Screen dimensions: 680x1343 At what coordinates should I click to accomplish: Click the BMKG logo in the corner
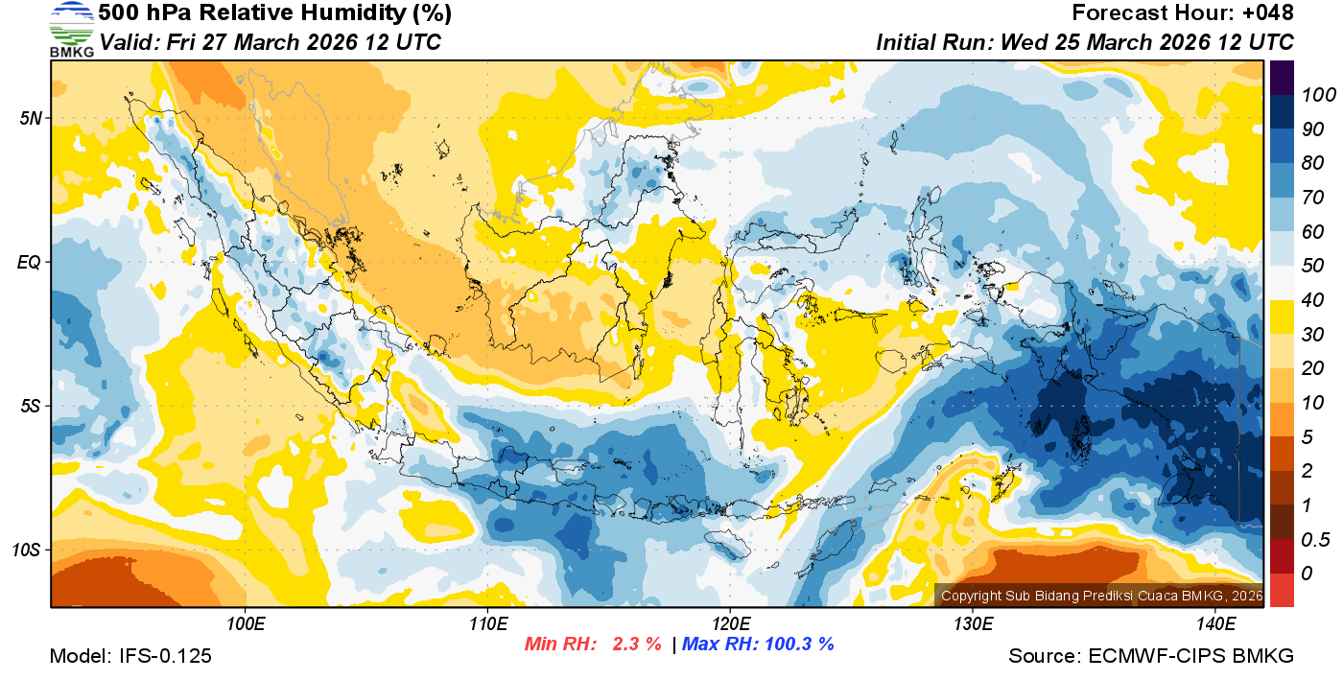coord(71,29)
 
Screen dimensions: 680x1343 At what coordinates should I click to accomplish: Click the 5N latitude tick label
coord(30,118)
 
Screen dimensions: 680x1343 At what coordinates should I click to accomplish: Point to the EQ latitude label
coord(29,262)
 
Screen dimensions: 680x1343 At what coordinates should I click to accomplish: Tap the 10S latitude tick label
coord(26,551)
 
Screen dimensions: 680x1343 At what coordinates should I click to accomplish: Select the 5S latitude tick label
coord(30,407)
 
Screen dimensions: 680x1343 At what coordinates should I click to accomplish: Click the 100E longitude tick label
coord(246,624)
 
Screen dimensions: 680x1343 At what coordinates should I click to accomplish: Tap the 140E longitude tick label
coord(1214,624)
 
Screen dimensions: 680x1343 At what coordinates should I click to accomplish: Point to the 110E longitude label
coord(487,624)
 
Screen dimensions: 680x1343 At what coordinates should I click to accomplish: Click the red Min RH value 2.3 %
coord(629,644)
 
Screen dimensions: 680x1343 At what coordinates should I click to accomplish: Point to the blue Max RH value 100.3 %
coord(796,644)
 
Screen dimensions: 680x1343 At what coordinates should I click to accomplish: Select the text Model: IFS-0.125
coord(130,656)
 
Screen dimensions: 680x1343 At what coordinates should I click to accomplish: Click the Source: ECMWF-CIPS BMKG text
coord(1151,656)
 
